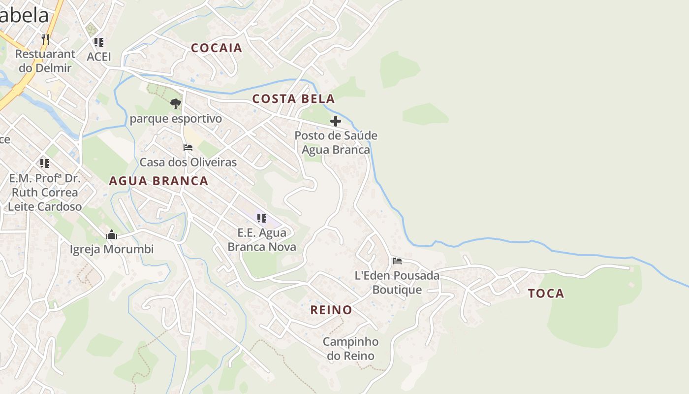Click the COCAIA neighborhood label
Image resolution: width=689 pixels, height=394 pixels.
[217, 48]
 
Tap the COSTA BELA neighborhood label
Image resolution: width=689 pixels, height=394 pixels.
[293, 98]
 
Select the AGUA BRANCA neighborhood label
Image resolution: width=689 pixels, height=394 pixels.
[158, 181]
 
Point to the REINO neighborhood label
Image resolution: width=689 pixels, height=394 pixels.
[331, 310]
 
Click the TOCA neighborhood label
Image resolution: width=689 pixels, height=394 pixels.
[546, 294]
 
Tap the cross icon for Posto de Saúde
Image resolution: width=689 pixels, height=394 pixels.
[336, 121]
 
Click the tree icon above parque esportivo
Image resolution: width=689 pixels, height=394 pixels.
[175, 104]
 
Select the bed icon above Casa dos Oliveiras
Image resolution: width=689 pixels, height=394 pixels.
[188, 147]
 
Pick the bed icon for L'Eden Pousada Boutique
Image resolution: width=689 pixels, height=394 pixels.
[397, 261]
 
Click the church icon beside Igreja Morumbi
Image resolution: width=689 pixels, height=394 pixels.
[112, 234]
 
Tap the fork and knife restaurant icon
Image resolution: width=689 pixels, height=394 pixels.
[45, 39]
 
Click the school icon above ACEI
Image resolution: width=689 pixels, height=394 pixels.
[99, 42]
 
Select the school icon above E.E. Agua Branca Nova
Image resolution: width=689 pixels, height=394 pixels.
[262, 218]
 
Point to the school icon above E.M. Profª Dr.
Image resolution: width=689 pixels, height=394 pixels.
[45, 163]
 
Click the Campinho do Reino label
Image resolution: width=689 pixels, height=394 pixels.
[350, 349]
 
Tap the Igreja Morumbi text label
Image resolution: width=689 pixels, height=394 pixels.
[111, 249]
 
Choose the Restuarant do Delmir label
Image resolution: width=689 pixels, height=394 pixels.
[45, 61]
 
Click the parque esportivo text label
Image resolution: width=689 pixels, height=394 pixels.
[176, 119]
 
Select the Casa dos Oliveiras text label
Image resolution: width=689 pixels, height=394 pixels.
[188, 162]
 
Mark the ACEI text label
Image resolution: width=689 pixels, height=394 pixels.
[99, 57]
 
